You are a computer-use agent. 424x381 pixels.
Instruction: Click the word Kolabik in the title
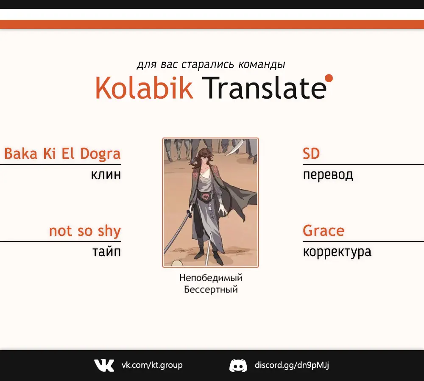(x=144, y=88)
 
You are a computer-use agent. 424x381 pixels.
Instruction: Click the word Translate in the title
(x=264, y=88)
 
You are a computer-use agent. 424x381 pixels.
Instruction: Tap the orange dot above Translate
(x=329, y=78)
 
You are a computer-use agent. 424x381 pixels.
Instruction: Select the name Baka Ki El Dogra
(x=62, y=154)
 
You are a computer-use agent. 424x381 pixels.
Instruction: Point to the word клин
(x=106, y=175)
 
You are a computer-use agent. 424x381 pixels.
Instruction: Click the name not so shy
(x=85, y=231)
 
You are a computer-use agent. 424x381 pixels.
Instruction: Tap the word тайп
(x=106, y=251)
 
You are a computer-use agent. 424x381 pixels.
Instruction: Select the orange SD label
(x=311, y=154)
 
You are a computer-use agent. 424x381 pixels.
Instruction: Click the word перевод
(x=328, y=175)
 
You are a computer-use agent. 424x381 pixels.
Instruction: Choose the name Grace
(x=324, y=231)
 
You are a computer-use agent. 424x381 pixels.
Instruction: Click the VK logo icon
(x=104, y=365)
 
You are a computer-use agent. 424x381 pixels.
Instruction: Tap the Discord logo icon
(x=238, y=366)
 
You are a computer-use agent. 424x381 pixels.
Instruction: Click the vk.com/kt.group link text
(x=152, y=365)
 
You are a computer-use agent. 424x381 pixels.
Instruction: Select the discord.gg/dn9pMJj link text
(x=292, y=365)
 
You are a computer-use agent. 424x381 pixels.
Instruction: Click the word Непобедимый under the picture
(x=211, y=278)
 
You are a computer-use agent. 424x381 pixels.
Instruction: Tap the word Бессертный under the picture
(x=211, y=290)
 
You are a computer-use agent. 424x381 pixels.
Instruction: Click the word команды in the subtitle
(x=262, y=65)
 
